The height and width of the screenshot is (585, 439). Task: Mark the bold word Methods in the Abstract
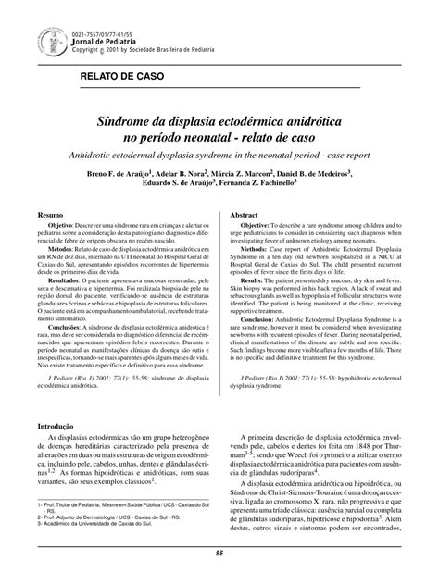257,253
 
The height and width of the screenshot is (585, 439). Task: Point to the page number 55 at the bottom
219,553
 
